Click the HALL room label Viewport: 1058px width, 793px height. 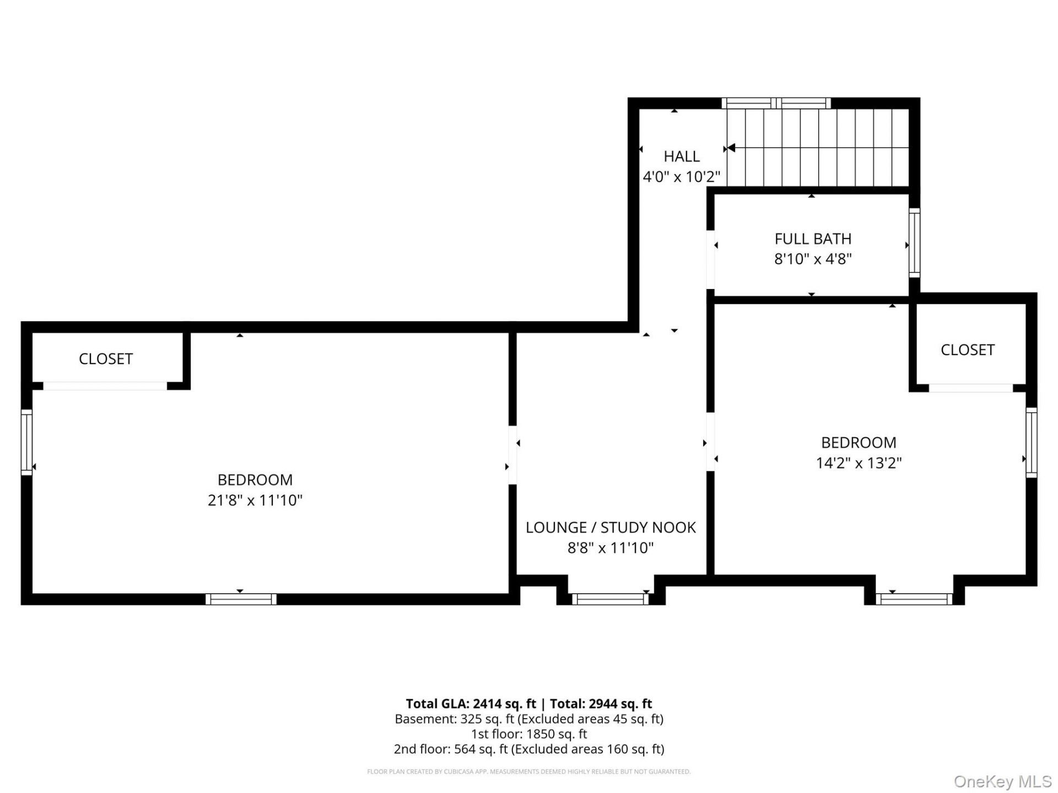point(682,156)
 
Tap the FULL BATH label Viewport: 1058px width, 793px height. point(813,239)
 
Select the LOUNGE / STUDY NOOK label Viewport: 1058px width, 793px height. point(611,528)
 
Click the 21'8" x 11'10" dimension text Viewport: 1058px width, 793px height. point(255,500)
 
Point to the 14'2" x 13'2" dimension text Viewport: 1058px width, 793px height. point(859,463)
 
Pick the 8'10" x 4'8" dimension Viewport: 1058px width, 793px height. point(813,259)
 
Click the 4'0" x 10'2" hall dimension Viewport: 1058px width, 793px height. point(682,177)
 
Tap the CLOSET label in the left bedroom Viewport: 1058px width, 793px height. point(106,359)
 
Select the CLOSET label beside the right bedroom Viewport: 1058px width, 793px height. point(968,350)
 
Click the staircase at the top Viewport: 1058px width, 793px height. point(818,148)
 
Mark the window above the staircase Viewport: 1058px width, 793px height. point(776,103)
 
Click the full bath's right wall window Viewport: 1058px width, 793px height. point(914,243)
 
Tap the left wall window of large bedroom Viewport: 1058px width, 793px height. point(26,442)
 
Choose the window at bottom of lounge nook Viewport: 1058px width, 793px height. point(611,599)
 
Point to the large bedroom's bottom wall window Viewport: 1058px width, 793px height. point(241,599)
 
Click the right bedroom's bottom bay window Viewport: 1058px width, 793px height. point(914,599)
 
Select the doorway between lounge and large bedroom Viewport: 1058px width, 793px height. point(512,455)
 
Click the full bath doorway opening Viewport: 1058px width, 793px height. point(711,259)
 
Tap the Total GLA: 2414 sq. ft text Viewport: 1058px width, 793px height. point(471,704)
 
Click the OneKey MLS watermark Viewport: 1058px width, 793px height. point(1003,781)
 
